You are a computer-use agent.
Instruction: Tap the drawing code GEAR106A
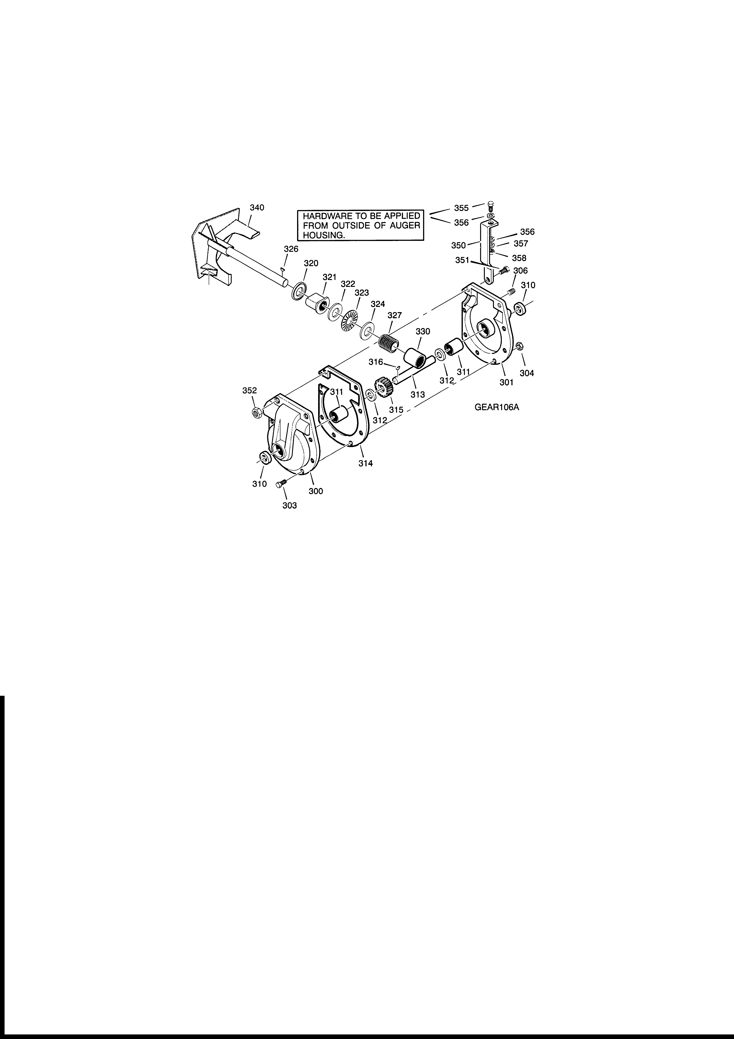click(x=496, y=407)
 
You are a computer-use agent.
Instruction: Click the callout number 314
click(x=366, y=463)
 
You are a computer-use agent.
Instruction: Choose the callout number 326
click(x=291, y=249)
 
